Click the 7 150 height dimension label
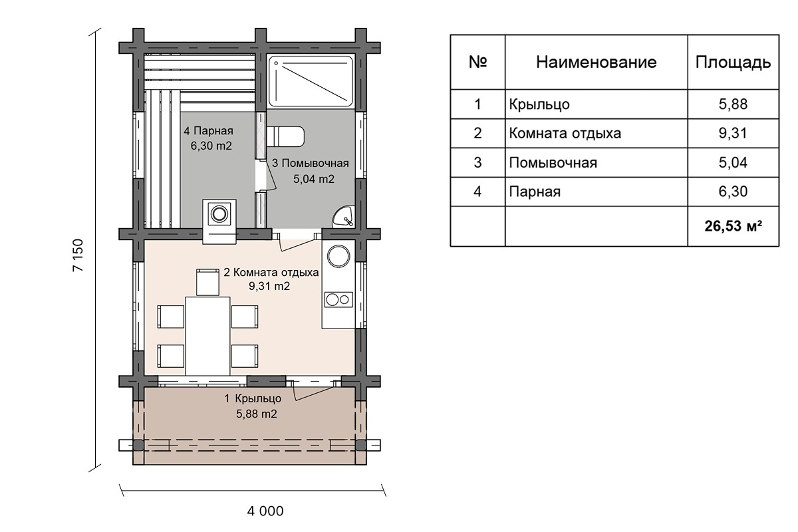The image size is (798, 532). point(78,255)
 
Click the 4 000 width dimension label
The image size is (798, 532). point(265,511)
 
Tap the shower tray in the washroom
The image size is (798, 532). point(311,81)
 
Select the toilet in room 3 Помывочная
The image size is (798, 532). point(285,136)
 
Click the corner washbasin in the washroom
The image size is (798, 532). point(345,216)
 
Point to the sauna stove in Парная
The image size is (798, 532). point(219,221)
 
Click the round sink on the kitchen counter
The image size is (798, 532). point(338,256)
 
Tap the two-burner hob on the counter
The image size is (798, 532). point(338,300)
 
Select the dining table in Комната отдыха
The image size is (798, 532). point(207,336)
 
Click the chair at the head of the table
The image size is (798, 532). point(207,282)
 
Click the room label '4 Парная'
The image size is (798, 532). point(208,131)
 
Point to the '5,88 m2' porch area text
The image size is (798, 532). point(257,414)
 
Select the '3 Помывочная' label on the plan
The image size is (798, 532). point(311,163)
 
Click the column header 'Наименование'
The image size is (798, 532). point(597,63)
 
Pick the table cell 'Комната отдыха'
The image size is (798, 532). point(565,134)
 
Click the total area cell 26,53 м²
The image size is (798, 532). point(733,226)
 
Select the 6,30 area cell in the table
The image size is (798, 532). point(733,192)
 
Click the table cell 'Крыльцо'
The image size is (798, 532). point(539,105)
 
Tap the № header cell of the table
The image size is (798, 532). point(477,62)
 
